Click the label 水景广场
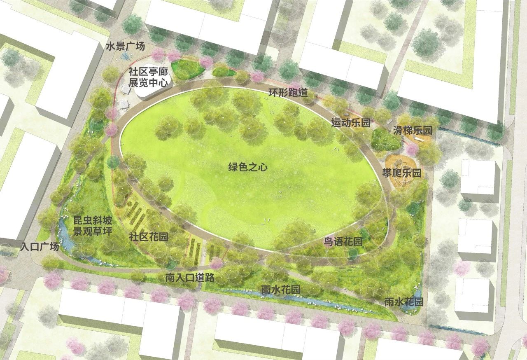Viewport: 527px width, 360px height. coord(126,47)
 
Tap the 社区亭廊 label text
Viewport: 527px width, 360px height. coord(148,70)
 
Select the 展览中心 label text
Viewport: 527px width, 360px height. coord(148,82)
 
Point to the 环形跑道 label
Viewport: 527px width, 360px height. coord(288,92)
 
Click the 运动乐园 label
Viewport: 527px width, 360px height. coord(351,122)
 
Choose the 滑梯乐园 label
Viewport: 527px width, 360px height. coord(412,131)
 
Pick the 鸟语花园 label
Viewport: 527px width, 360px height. coord(343,242)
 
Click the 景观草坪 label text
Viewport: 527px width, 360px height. coord(93,231)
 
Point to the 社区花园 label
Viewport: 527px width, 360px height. coord(149,237)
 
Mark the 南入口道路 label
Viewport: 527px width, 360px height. coord(190,278)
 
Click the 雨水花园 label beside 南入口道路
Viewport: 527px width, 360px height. coord(281,290)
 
